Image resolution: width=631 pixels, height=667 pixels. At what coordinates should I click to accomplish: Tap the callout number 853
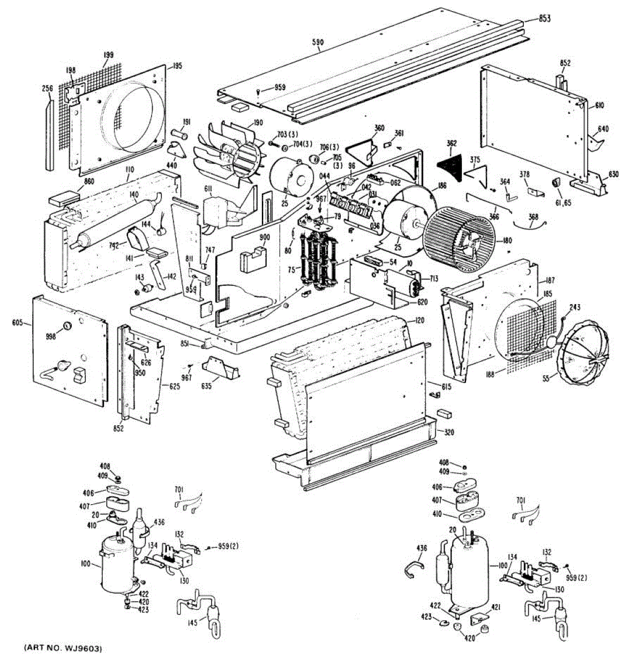544,18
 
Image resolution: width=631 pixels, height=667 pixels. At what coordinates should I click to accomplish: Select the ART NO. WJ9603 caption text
63,648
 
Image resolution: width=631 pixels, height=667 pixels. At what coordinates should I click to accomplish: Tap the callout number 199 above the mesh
108,55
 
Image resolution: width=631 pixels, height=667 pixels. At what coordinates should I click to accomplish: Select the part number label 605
18,322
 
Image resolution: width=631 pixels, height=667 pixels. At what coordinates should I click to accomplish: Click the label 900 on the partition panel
264,237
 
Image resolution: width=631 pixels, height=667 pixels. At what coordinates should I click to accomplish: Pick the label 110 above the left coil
129,169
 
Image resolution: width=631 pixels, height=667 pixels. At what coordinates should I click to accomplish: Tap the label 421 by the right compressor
495,607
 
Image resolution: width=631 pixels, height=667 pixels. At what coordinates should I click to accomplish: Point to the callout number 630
613,174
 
